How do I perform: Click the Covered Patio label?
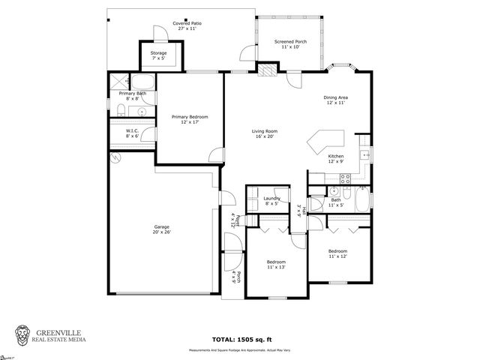pos(187,25)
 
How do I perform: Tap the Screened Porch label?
pos(289,44)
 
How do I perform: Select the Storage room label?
pos(158,55)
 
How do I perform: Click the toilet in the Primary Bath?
pos(121,111)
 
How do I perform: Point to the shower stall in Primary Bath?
pos(118,82)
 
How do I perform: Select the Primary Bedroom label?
pos(189,119)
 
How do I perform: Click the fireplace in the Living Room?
pos(268,72)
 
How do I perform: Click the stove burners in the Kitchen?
pos(346,178)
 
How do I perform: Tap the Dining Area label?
pos(335,100)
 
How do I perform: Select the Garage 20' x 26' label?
pos(162,229)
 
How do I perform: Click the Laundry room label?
pos(271,200)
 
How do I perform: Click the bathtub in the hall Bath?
pos(362,200)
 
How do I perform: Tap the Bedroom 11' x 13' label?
pos(276,264)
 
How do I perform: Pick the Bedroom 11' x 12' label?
pos(337,253)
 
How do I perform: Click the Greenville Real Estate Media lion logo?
pos(24,334)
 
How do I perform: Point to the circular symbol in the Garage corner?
pos(115,158)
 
